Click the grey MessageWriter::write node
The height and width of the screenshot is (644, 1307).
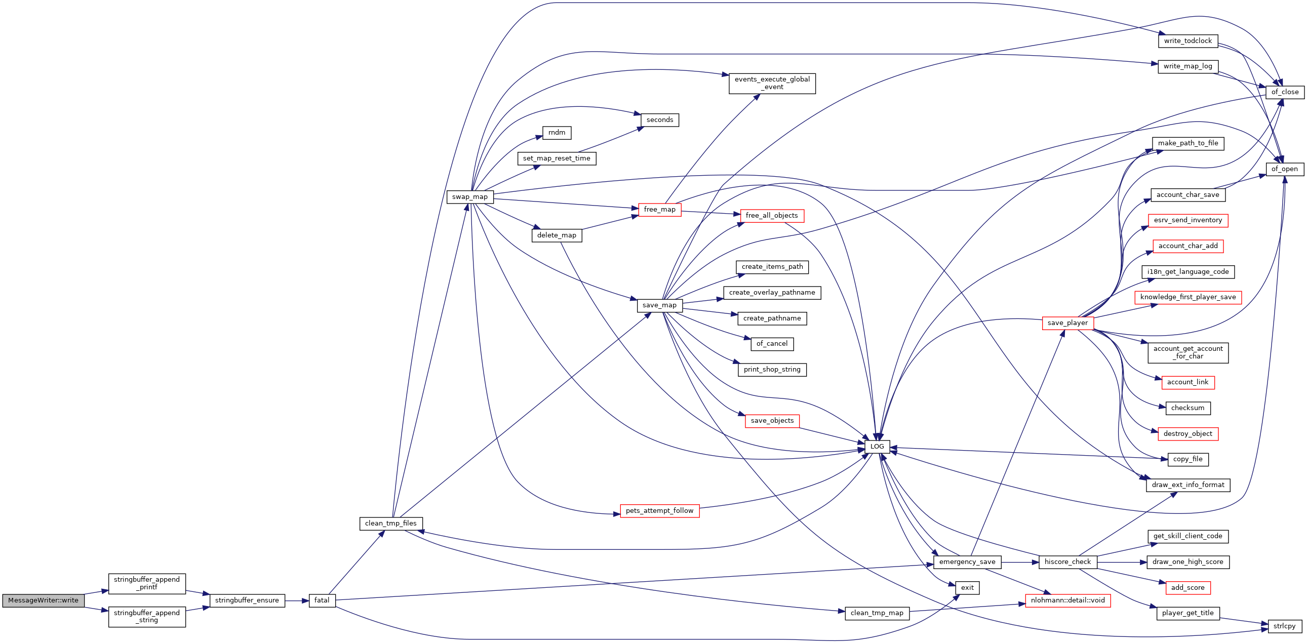pyautogui.click(x=43, y=600)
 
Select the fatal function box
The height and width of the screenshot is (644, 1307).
pyautogui.click(x=322, y=600)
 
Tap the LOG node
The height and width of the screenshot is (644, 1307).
pyautogui.click(x=877, y=447)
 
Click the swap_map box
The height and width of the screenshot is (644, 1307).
pyautogui.click(x=469, y=197)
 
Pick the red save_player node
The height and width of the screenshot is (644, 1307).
pyautogui.click(x=1067, y=323)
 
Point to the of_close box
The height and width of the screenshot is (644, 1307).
pyautogui.click(x=1285, y=92)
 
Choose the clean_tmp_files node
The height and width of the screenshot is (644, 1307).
pyautogui.click(x=390, y=524)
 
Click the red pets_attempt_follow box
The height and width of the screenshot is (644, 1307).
pyautogui.click(x=659, y=511)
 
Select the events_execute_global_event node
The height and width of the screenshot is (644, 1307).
pyautogui.click(x=772, y=83)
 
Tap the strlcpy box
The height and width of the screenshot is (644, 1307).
pyautogui.click(x=1284, y=626)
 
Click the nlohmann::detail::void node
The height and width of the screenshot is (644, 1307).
pyautogui.click(x=1067, y=600)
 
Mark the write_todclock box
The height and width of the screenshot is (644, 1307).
pyautogui.click(x=1187, y=41)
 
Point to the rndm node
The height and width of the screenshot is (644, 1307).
pyautogui.click(x=557, y=133)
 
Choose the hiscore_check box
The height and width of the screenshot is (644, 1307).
pyautogui.click(x=1067, y=562)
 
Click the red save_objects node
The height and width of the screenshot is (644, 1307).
pyautogui.click(x=772, y=421)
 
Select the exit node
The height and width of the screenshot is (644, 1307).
pyautogui.click(x=967, y=588)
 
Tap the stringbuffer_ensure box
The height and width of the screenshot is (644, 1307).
pyautogui.click(x=247, y=600)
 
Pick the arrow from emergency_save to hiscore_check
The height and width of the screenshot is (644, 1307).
pyautogui.click(x=1020, y=562)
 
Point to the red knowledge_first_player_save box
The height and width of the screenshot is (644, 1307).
pyautogui.click(x=1187, y=297)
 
